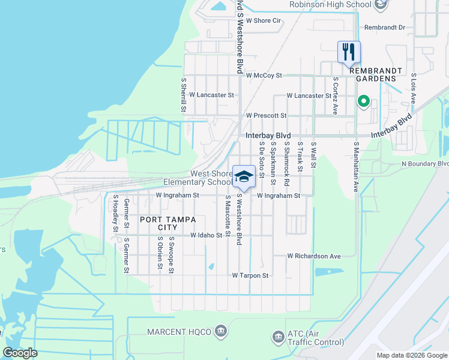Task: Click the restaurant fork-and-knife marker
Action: (x=349, y=52)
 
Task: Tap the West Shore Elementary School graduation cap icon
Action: (x=244, y=176)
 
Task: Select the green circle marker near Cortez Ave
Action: (x=363, y=101)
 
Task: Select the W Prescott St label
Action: (x=266, y=115)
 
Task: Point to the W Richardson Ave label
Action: (x=313, y=256)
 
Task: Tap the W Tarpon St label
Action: (x=250, y=275)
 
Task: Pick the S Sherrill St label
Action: (x=183, y=94)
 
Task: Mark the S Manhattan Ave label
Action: (x=355, y=167)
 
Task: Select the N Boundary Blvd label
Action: (x=425, y=163)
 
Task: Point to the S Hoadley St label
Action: (x=115, y=217)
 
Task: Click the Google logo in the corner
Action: (x=20, y=353)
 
